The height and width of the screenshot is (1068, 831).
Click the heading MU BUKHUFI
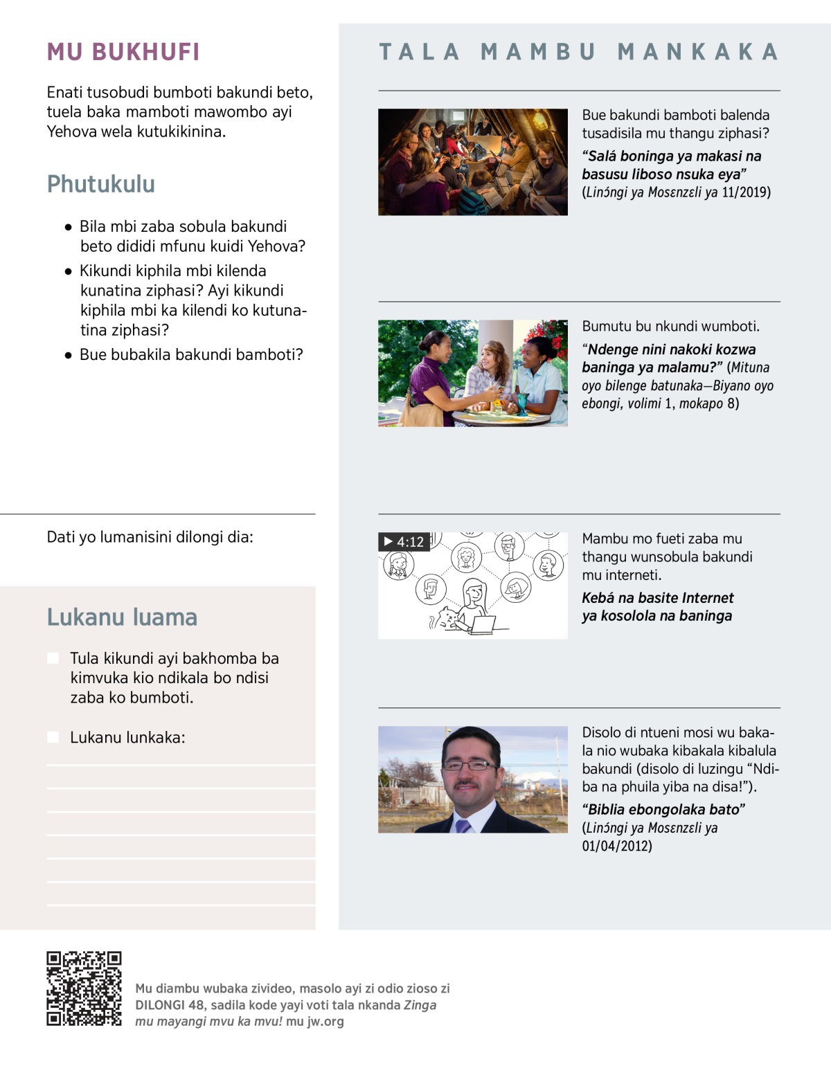123,52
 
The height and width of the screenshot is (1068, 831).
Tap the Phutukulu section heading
101,184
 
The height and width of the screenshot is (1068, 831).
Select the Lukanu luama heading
122,617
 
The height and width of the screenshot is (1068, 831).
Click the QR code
84,988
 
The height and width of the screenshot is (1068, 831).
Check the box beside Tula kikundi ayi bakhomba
53,658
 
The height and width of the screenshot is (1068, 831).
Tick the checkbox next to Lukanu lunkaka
53,737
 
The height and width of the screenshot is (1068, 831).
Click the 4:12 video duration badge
404,542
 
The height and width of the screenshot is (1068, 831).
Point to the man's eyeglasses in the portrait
470,765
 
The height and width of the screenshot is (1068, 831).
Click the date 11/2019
745,192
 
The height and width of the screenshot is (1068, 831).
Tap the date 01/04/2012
616,846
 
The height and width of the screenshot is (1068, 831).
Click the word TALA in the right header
419,52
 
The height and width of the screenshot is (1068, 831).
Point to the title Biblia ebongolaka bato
663,809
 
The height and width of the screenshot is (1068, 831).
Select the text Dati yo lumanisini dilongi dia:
150,537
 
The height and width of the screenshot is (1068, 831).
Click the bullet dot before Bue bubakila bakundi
68,355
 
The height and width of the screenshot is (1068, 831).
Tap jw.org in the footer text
325,1021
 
